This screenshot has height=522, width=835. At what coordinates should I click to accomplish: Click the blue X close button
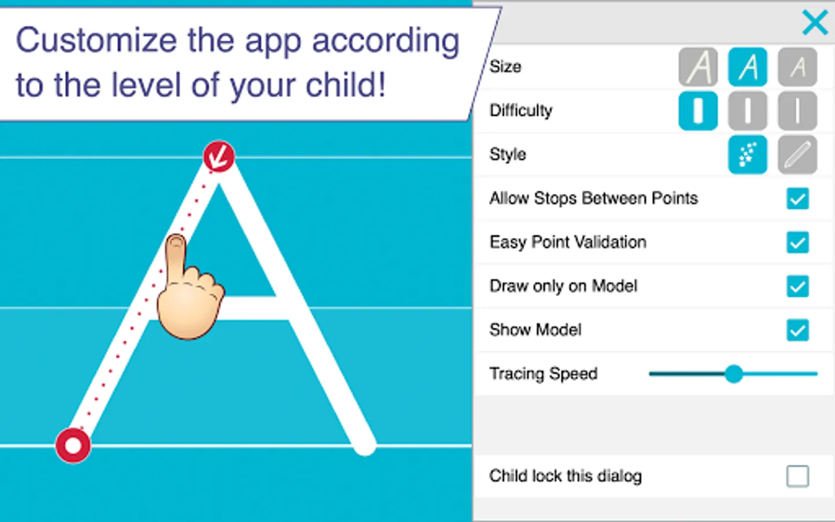point(815,23)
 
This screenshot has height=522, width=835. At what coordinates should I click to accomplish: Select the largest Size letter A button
point(698,67)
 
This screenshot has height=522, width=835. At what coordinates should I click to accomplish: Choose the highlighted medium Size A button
point(748,67)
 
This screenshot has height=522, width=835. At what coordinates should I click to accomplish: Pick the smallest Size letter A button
point(797,67)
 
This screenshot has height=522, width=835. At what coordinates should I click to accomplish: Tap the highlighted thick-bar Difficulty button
point(698,111)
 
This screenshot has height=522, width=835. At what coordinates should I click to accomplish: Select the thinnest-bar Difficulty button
point(797,111)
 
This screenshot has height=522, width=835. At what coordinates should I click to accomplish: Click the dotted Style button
point(748,155)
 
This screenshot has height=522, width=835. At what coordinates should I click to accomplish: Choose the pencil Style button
point(797,155)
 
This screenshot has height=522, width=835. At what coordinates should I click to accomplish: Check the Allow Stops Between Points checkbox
point(798,199)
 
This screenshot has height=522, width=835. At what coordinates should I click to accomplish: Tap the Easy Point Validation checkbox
point(798,242)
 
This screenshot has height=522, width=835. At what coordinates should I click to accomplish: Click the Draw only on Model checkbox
point(798,287)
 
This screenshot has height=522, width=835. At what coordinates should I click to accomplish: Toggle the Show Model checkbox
point(798,330)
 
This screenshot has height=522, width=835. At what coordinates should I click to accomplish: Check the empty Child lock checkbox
point(798,476)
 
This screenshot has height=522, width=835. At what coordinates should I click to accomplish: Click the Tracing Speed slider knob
point(734,374)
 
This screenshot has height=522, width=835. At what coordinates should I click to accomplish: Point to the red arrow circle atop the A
point(219,157)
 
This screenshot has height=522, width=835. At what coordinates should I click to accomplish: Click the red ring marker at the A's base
point(73,445)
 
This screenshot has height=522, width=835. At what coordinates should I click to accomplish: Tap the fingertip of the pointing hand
point(176,242)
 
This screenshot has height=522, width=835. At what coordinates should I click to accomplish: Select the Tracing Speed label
point(543,374)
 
